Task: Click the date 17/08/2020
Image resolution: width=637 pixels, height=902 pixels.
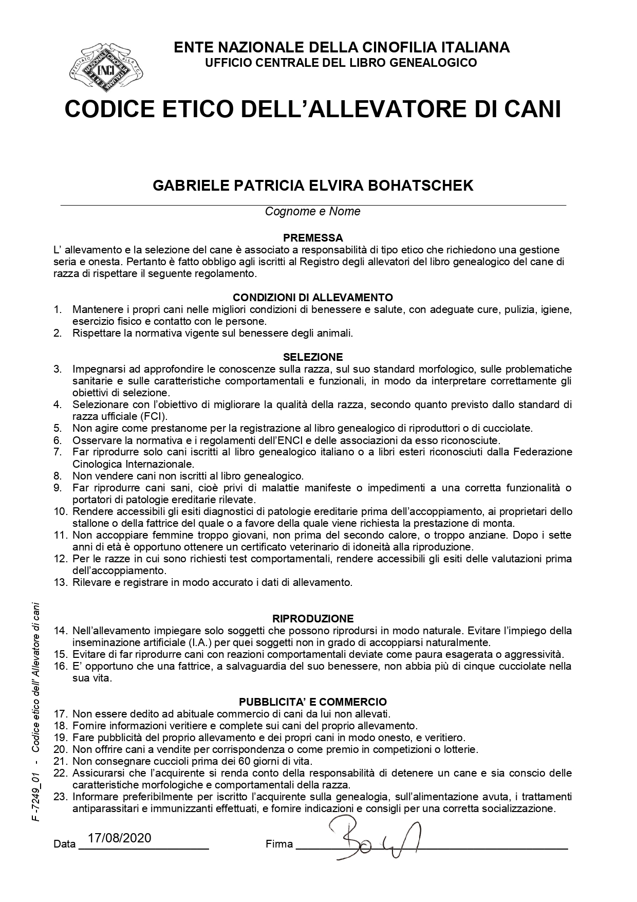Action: [120, 838]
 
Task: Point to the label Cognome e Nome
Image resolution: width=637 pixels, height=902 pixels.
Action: [312, 211]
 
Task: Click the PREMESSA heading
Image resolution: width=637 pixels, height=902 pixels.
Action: [313, 238]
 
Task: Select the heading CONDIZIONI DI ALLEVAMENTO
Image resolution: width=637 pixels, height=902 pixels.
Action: [313, 298]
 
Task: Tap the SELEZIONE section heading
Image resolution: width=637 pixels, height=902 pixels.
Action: [313, 357]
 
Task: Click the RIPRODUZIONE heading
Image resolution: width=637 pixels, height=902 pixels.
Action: [313, 618]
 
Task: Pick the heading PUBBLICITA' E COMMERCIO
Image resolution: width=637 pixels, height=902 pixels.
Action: [313, 702]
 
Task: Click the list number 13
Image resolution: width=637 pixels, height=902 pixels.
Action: [61, 582]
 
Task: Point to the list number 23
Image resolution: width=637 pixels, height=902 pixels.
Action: [61, 797]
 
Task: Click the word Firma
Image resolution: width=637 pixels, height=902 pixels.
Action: [279, 844]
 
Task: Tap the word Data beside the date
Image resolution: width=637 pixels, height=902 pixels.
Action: [64, 844]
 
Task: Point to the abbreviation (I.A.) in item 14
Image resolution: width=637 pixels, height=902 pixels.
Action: [189, 642]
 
